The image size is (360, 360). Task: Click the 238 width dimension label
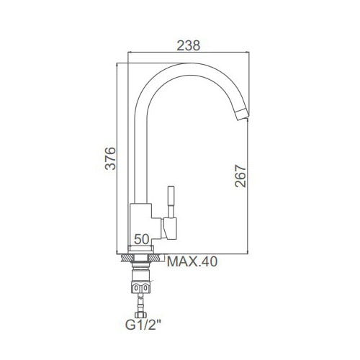pos(189,45)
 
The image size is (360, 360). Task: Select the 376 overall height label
pos(110,158)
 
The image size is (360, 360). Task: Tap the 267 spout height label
pos(240,176)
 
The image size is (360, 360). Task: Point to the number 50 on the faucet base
pos(142,239)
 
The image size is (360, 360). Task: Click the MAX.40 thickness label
pos(192,261)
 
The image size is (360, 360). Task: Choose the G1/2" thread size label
pos(143,325)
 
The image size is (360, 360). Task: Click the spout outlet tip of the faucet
pos(242,114)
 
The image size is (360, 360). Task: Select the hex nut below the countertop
pos(140,287)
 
